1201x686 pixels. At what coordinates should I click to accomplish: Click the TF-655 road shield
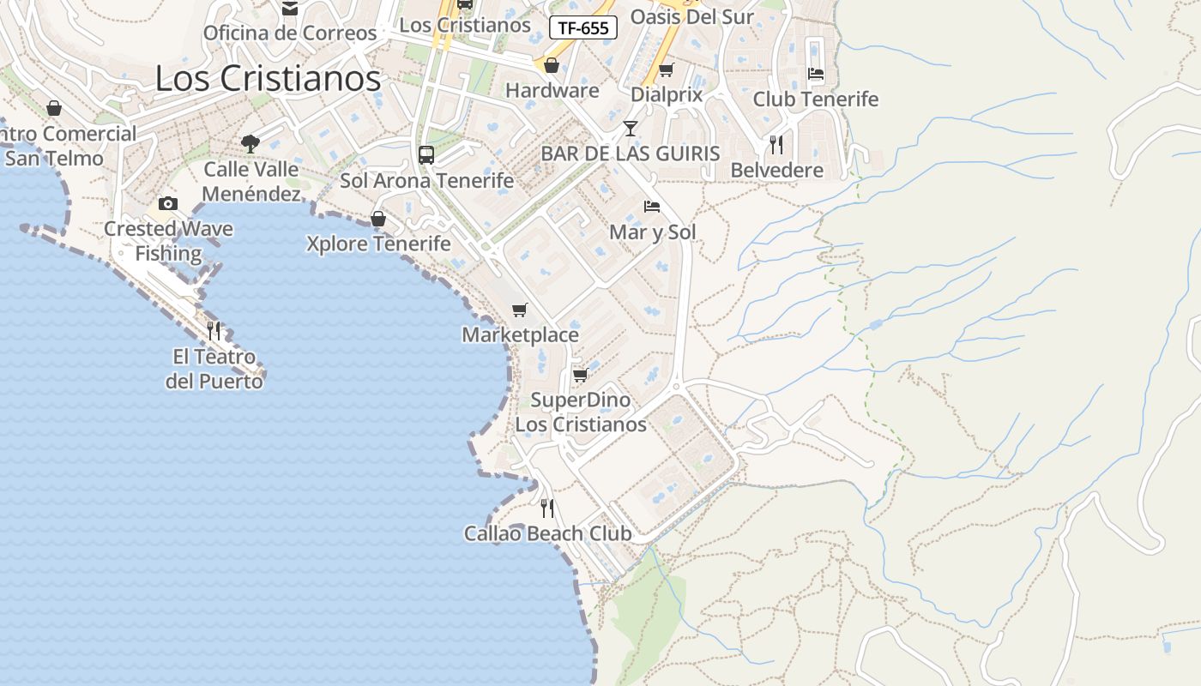[583, 27]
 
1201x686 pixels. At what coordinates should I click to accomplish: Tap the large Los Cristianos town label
[268, 79]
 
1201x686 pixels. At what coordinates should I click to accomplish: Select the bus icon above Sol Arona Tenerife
[426, 155]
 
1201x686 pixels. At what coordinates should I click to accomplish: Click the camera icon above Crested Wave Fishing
[168, 203]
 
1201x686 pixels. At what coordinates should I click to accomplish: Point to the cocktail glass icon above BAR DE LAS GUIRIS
[631, 129]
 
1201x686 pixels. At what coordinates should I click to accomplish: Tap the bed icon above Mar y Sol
[652, 207]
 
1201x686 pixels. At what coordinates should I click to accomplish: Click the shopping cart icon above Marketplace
[520, 310]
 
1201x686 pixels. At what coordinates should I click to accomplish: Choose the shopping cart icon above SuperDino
[581, 375]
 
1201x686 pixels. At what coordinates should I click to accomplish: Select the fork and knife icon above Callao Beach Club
[547, 508]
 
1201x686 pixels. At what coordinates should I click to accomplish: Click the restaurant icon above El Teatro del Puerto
[214, 330]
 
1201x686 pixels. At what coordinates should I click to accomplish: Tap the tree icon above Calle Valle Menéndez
[250, 143]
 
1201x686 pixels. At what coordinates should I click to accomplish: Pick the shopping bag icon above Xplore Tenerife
[378, 219]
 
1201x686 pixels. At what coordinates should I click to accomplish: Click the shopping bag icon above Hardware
[552, 65]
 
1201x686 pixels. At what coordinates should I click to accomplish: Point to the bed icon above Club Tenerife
[816, 74]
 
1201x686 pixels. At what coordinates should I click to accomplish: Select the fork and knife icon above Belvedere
[776, 144]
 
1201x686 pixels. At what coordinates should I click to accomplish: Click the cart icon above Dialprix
[667, 69]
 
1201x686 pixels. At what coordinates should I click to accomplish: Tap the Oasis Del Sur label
[691, 16]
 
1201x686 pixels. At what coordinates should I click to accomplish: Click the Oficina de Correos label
[290, 33]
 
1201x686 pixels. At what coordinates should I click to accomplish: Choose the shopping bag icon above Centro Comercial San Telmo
[54, 108]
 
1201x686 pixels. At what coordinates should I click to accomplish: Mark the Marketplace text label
[521, 335]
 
